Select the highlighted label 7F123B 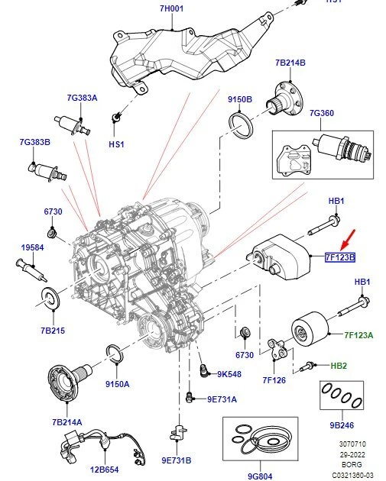click(x=340, y=257)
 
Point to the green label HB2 click(x=339, y=366)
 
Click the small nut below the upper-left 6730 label click(x=53, y=231)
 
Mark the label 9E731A click(x=222, y=399)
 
